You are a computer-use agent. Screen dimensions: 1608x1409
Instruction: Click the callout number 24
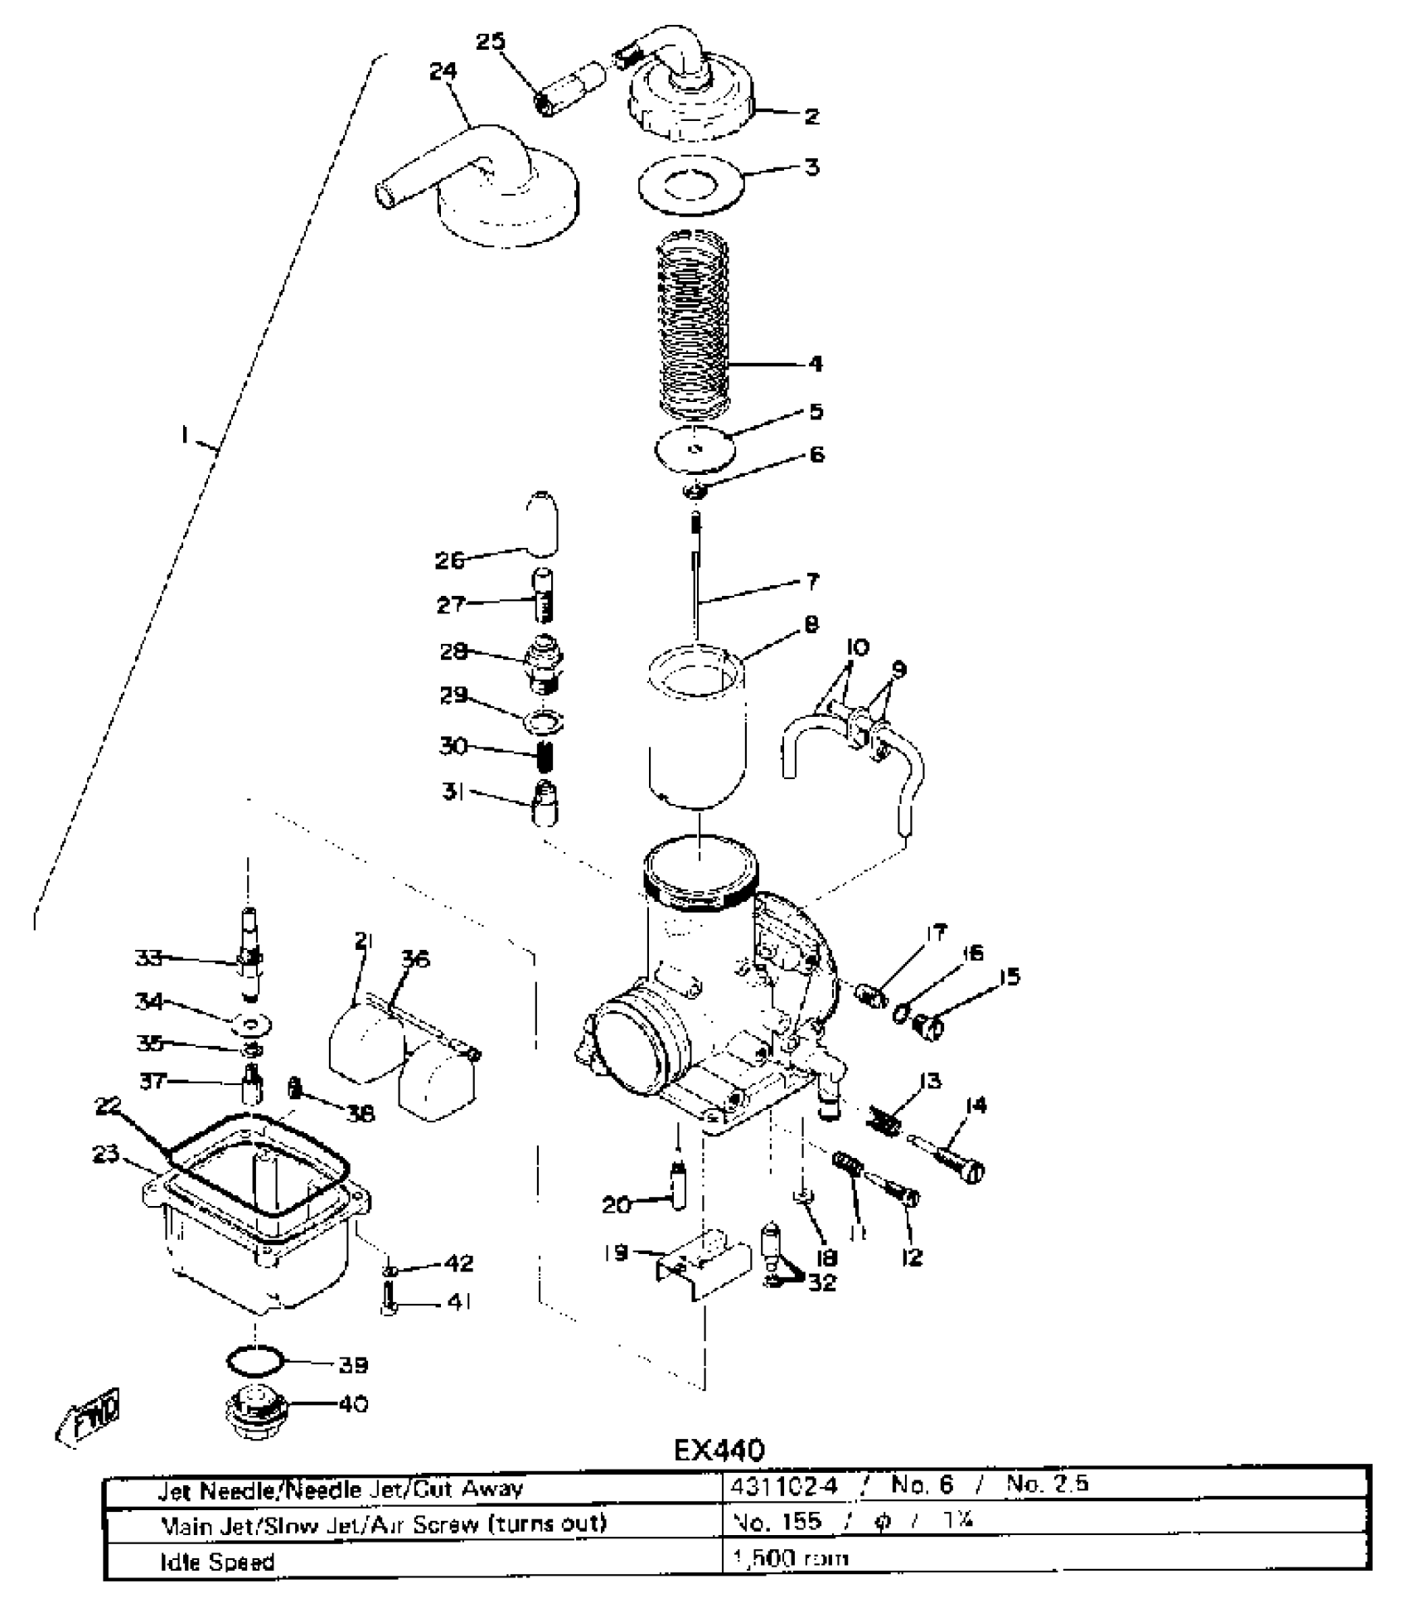click(443, 71)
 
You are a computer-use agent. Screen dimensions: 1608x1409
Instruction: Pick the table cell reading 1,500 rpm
click(791, 1557)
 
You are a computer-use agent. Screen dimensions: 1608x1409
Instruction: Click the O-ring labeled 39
click(254, 1360)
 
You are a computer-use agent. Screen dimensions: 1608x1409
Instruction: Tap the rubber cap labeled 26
click(542, 524)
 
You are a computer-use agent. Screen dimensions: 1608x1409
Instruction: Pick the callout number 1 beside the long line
click(186, 434)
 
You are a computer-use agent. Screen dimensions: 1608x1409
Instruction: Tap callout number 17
click(936, 932)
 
